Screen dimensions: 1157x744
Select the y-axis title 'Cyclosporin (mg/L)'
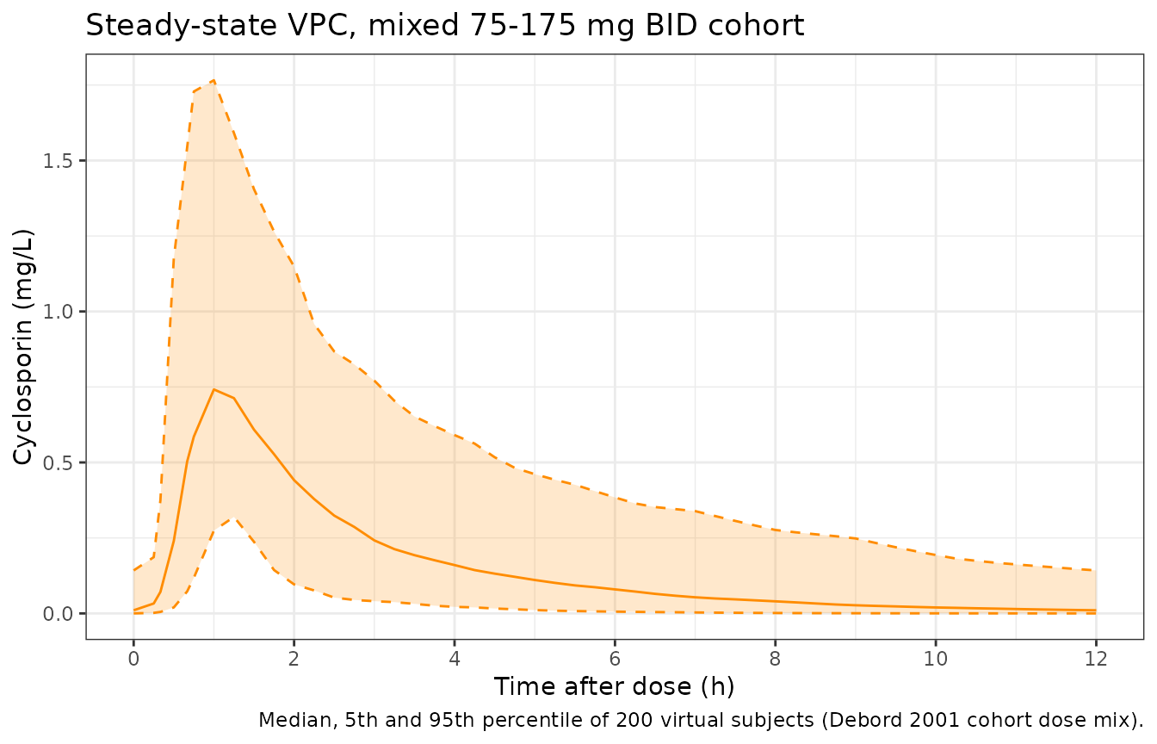23,347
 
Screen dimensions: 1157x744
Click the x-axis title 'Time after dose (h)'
614,686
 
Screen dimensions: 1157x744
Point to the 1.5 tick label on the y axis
57,161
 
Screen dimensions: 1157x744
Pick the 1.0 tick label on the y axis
57,312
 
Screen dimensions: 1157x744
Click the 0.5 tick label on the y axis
57,463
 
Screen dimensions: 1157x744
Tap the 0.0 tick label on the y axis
57,614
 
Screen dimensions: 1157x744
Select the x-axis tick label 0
133,659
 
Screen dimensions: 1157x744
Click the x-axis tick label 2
294,659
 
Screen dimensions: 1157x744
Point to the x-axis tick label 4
455,659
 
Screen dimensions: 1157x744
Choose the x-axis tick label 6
615,659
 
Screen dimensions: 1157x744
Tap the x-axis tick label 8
775,659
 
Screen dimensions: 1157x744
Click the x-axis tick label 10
936,659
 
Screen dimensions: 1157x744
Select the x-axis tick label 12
1096,659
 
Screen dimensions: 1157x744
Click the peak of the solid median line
213,389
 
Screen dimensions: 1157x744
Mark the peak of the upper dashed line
213,81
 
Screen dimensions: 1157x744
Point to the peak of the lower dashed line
233,518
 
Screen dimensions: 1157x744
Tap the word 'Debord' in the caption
860,720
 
